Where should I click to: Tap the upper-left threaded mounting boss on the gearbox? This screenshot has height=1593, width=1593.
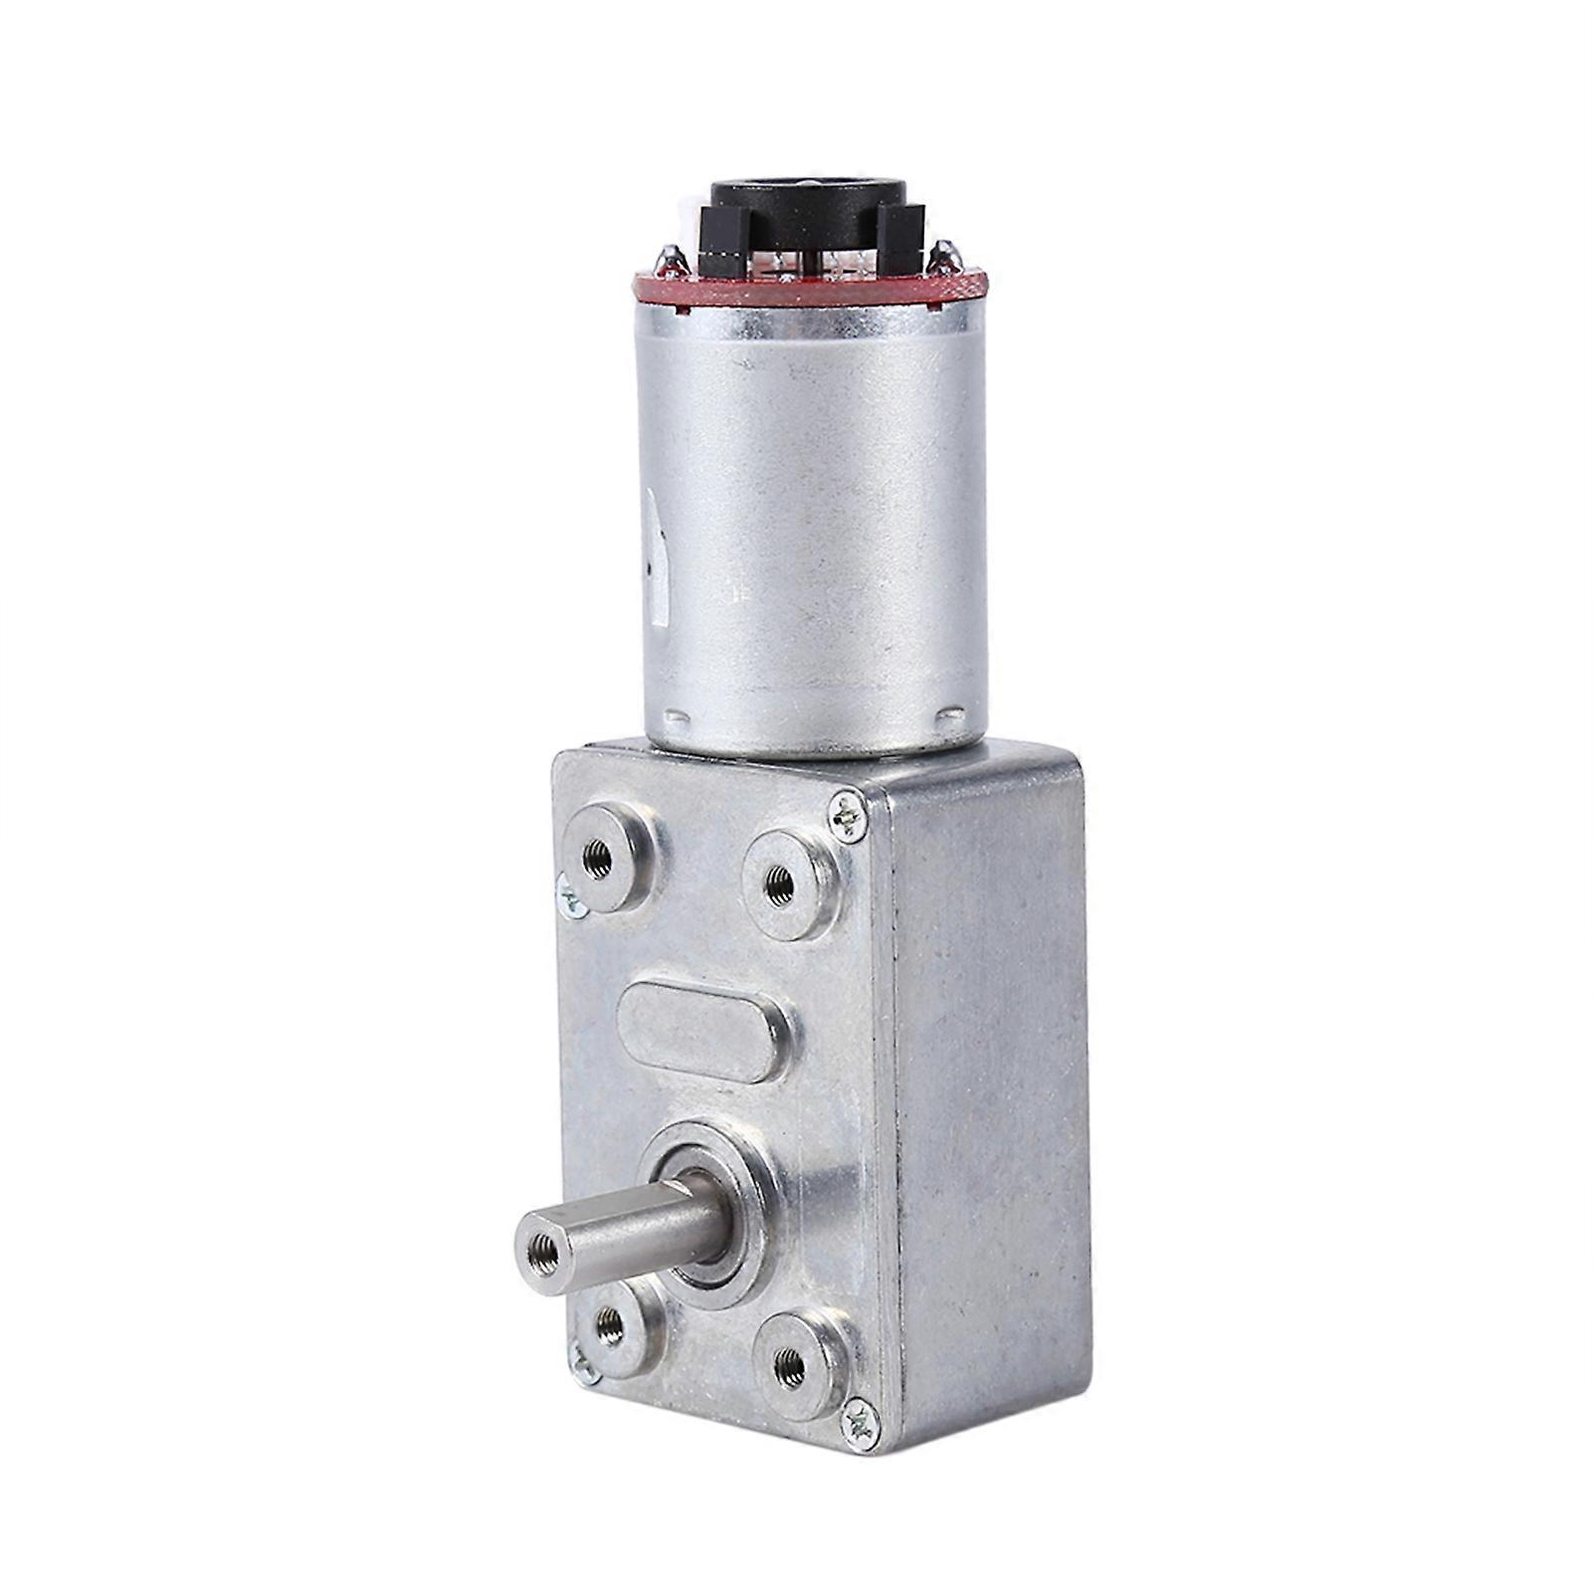click(600, 857)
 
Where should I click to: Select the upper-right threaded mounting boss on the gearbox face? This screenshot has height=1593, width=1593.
click(780, 881)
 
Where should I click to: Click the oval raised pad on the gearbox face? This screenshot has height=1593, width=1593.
click(703, 1030)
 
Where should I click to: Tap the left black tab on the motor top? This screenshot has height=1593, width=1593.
click(723, 243)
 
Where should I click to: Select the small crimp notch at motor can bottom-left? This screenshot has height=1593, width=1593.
click(677, 717)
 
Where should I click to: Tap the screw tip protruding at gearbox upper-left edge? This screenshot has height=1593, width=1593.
click(569, 896)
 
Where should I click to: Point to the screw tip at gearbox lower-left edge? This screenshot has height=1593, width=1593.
click(582, 1369)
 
